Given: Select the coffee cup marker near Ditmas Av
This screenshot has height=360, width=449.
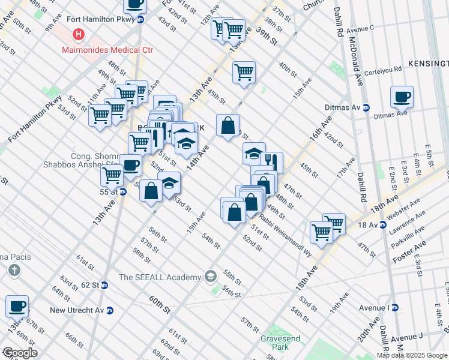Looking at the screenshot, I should pyautogui.click(x=402, y=96).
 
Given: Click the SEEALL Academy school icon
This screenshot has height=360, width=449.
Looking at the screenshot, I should pyautogui.click(x=210, y=277).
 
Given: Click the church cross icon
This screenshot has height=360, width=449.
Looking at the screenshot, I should pyautogui.click(x=14, y=271).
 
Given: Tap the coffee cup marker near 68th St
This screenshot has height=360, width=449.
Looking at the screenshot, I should pyautogui.click(x=17, y=306).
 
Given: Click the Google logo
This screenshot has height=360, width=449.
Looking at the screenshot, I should pyautogui.click(x=20, y=353).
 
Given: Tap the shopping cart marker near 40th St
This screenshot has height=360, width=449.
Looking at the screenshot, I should pyautogui.click(x=244, y=72).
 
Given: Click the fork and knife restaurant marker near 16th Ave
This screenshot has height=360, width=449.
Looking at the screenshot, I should pyautogui.click(x=271, y=161).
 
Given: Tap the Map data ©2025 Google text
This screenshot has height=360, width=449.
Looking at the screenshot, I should pyautogui.click(x=411, y=355).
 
